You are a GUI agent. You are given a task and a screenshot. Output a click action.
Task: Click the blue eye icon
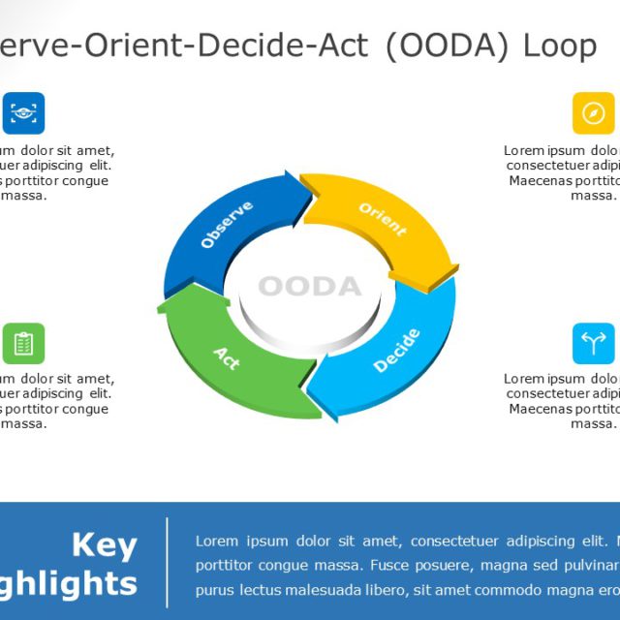pos(23,112)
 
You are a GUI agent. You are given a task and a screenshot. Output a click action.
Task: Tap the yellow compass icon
pos(593,112)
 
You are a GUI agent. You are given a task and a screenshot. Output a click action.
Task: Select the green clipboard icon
pos(23,343)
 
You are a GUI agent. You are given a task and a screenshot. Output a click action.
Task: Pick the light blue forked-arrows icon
pos(593,343)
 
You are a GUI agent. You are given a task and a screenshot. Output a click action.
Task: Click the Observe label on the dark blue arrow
pos(227,225)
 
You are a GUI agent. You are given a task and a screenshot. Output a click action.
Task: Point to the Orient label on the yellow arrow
pos(383,220)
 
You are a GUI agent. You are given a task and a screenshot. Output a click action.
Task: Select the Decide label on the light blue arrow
pos(396,351)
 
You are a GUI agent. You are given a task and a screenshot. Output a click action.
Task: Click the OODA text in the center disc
pos(309,287)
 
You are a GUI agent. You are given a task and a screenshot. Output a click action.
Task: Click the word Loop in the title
pos(559,46)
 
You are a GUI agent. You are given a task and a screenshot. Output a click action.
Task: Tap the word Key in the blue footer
pos(105,545)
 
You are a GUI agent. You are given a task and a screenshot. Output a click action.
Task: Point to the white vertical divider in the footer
pos(168,562)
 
